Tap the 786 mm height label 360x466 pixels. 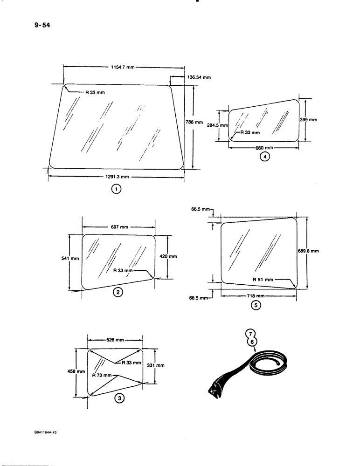pyautogui.click(x=194, y=122)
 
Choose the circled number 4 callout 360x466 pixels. pyautogui.click(x=265, y=157)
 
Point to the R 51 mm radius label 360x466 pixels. pyautogui.click(x=263, y=280)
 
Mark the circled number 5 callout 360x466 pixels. pyautogui.click(x=255, y=306)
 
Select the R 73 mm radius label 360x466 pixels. pyautogui.click(x=102, y=375)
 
